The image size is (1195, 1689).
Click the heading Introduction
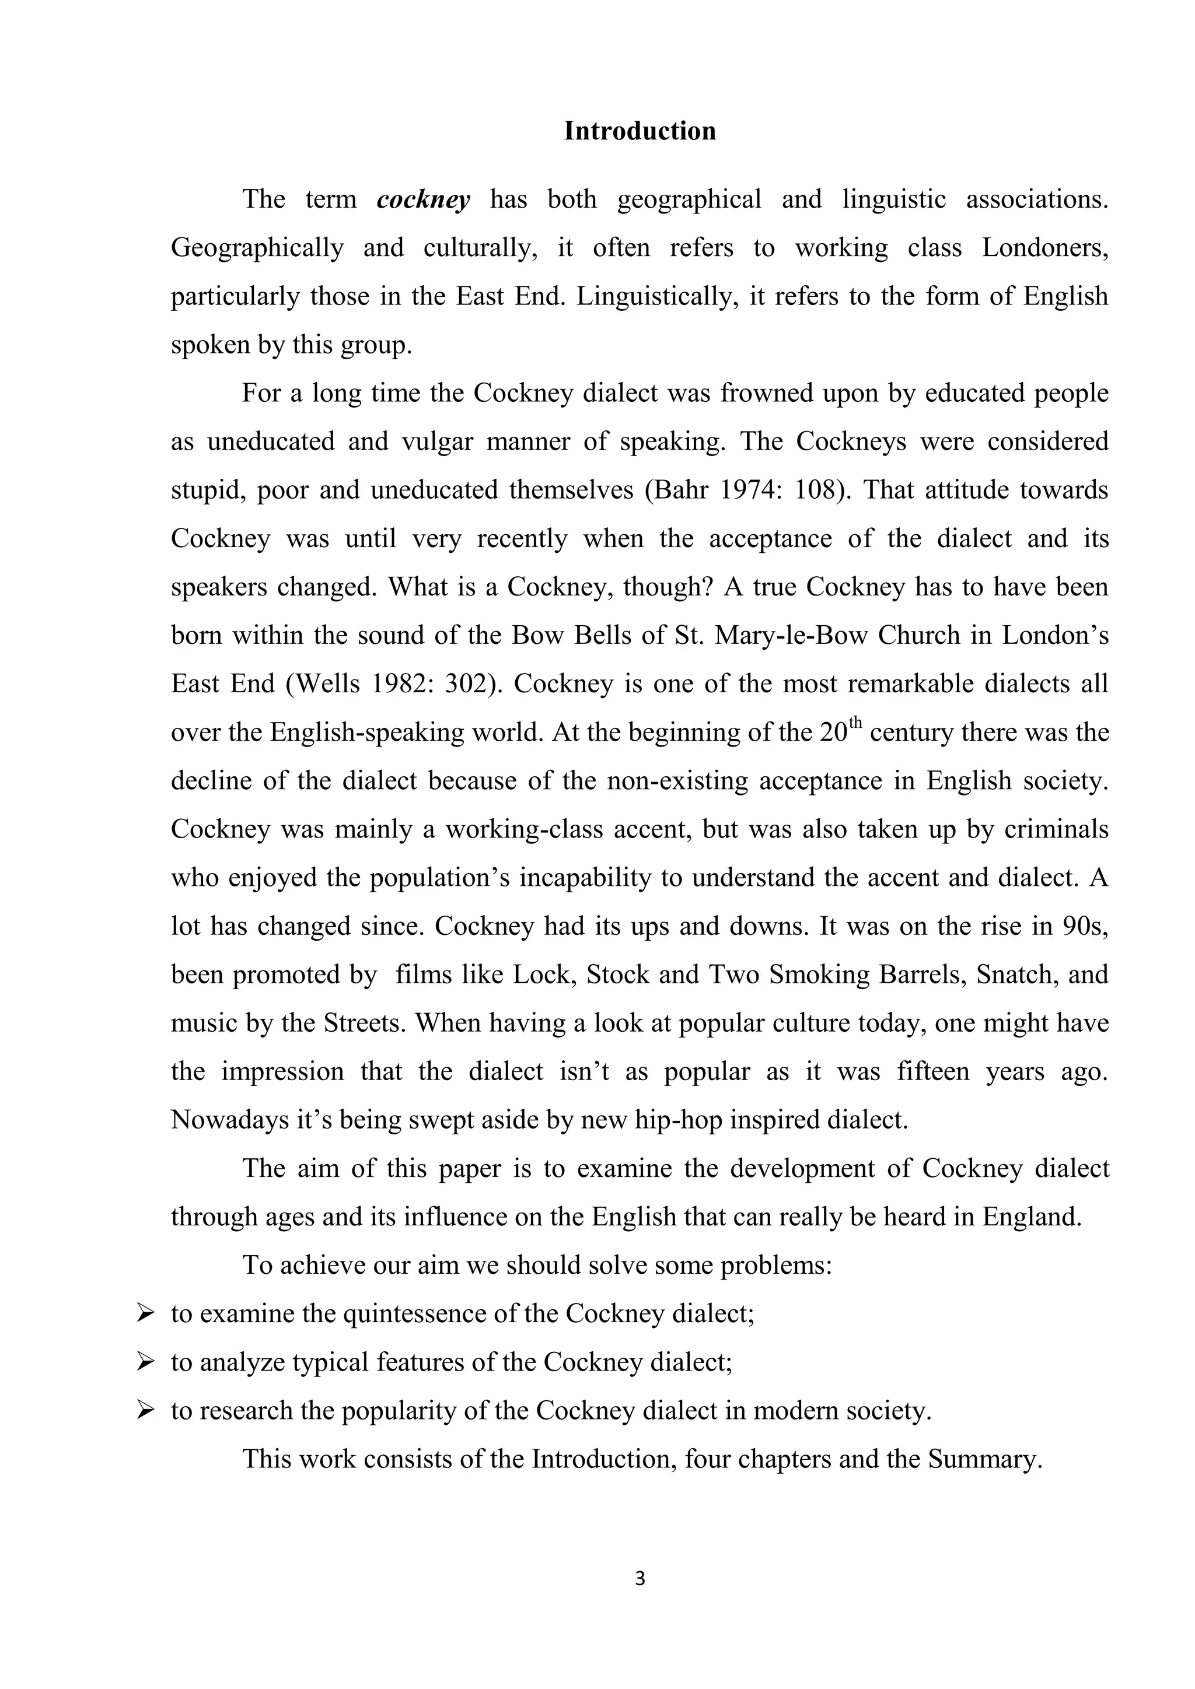[640, 131]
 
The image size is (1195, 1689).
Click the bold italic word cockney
[423, 199]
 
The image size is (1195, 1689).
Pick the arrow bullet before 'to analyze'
[144, 1362]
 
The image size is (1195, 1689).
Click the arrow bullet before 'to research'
[144, 1410]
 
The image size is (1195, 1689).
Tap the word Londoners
[1045, 248]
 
